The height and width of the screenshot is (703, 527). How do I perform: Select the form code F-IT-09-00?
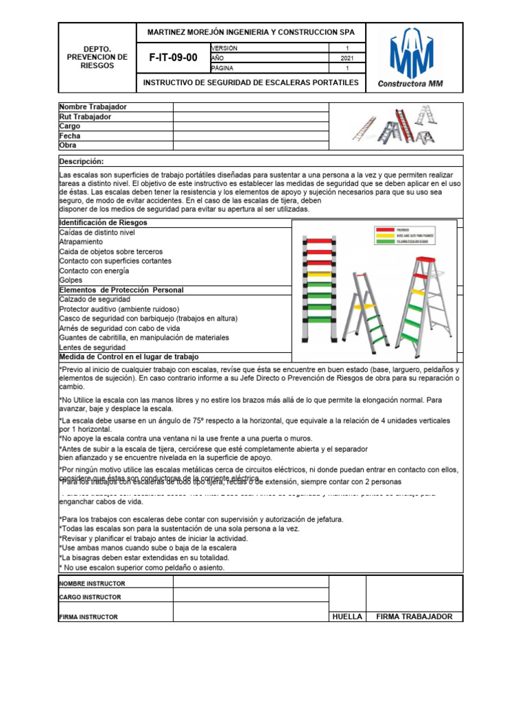(x=173, y=58)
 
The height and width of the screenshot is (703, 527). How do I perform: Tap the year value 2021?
(x=347, y=58)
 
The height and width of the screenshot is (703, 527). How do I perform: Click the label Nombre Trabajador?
(x=93, y=107)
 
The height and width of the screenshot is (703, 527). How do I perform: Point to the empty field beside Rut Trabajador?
(x=250, y=117)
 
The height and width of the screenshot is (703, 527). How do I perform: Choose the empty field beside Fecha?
(x=250, y=136)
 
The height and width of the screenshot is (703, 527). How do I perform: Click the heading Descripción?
(x=81, y=161)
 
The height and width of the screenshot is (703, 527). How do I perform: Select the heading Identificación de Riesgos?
(x=103, y=223)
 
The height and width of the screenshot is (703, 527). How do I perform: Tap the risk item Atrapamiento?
(x=81, y=242)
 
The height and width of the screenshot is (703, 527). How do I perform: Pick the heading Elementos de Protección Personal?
(x=121, y=290)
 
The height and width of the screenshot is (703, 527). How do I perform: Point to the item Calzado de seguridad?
(x=94, y=299)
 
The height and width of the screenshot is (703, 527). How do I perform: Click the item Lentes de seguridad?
(x=92, y=347)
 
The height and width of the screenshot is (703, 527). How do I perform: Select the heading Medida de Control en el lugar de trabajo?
(x=128, y=357)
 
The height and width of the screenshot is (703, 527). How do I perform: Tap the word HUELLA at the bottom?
(x=347, y=616)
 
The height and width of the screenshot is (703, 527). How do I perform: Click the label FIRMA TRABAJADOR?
(x=414, y=616)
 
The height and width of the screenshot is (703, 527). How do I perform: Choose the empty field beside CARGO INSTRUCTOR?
(x=250, y=597)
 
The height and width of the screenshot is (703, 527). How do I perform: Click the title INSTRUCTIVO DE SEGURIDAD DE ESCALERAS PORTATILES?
(x=250, y=82)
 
